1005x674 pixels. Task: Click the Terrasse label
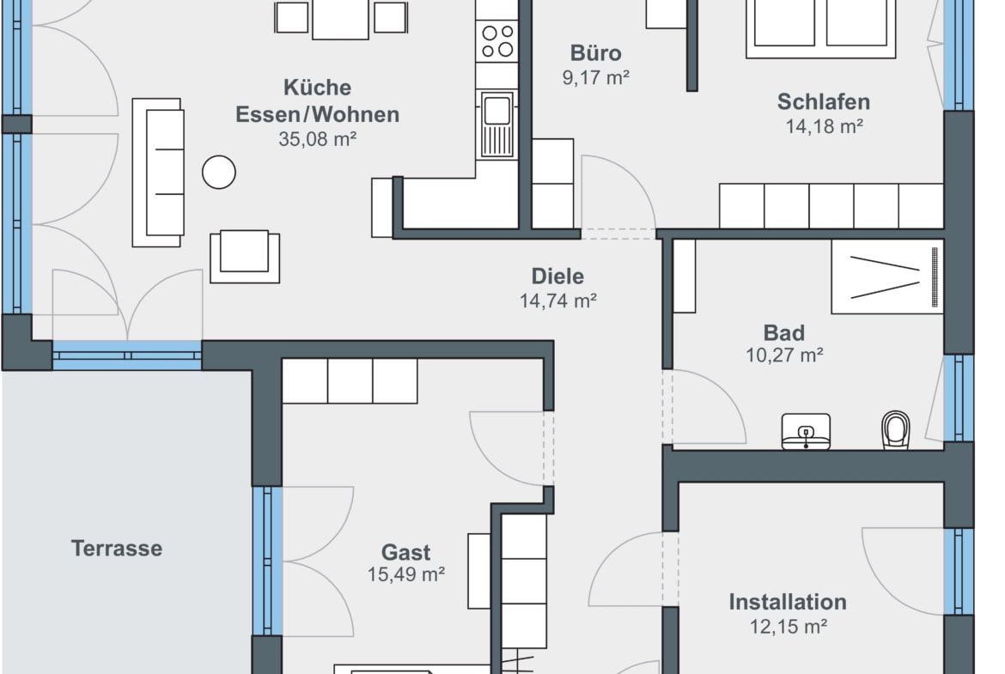click(117, 549)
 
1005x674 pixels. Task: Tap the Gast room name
click(405, 552)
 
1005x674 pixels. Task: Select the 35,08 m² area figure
click(317, 139)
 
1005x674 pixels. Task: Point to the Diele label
click(557, 276)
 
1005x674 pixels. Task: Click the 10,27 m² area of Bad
click(784, 355)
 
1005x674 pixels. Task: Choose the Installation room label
click(788, 602)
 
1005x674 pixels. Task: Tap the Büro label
click(596, 53)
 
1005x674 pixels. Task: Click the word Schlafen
click(824, 102)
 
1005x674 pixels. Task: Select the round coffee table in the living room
click(218, 173)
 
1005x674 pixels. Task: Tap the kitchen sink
click(496, 124)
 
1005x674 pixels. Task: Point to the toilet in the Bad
click(895, 430)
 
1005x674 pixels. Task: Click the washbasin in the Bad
click(806, 431)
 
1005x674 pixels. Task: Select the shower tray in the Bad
click(887, 276)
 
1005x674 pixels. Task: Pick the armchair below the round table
click(245, 256)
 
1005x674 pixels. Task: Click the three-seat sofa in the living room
click(158, 173)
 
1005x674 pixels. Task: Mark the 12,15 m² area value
click(789, 627)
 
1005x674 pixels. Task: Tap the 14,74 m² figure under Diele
click(558, 301)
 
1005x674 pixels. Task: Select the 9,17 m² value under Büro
click(596, 77)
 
